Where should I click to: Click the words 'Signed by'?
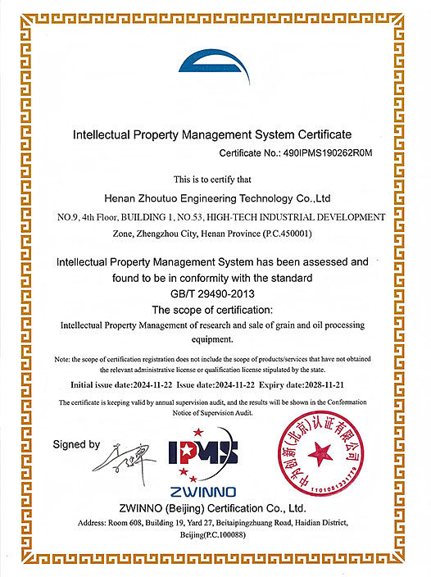coord(76,444)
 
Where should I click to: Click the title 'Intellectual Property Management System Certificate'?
coord(212,133)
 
